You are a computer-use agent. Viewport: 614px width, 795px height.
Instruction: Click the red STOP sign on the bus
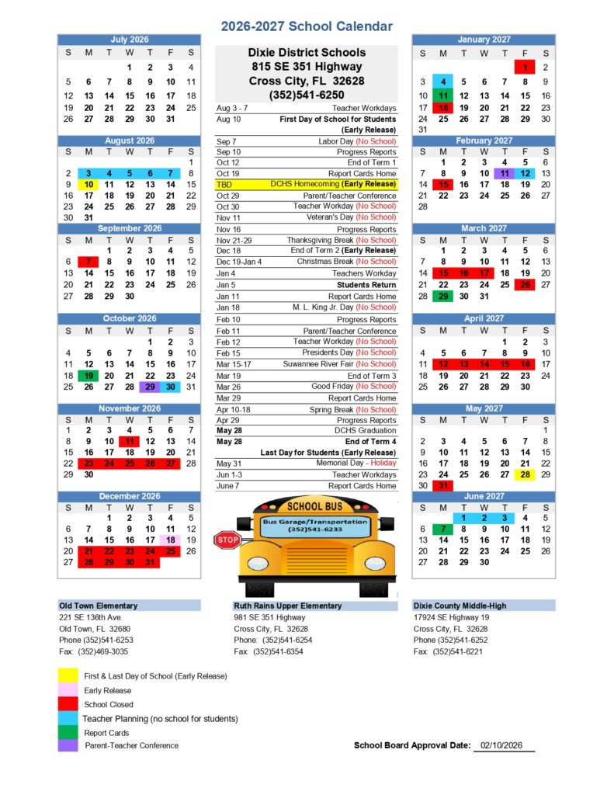click(227, 540)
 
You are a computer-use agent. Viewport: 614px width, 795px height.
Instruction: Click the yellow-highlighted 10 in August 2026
click(88, 185)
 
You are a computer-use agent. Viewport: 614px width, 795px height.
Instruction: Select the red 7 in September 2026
click(88, 262)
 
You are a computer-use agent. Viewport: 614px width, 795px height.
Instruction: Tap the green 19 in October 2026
click(88, 375)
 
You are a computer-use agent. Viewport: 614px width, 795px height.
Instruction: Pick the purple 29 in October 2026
click(150, 387)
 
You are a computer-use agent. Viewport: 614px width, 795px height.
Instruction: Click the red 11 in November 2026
click(130, 441)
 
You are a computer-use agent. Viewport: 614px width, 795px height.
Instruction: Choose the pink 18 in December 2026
click(170, 540)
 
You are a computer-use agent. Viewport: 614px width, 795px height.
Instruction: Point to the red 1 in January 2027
click(526, 68)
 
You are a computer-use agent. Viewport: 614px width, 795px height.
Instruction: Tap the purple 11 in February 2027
click(505, 173)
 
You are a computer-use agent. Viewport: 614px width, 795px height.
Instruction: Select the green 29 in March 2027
click(443, 296)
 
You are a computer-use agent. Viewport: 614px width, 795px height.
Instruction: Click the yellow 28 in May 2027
click(526, 474)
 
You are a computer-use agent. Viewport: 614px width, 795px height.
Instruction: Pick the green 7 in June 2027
click(443, 529)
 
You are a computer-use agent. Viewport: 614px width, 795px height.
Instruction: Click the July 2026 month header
click(129, 40)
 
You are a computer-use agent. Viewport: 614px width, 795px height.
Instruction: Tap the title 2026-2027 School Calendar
click(307, 26)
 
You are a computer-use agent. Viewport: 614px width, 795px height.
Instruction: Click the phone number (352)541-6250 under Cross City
click(307, 95)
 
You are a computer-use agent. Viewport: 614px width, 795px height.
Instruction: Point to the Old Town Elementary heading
click(99, 606)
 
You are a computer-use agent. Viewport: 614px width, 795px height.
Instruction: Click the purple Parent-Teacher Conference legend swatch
click(67, 745)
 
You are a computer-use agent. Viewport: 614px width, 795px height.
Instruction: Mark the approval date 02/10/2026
click(501, 745)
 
